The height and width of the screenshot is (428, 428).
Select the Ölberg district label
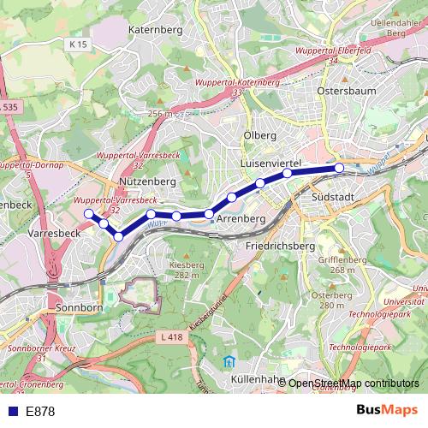click(x=259, y=135)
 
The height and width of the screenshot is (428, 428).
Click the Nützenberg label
click(x=148, y=182)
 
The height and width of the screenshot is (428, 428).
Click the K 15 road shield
click(x=79, y=44)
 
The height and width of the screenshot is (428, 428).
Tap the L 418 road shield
click(x=172, y=338)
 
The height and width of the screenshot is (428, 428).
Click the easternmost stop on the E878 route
click(x=339, y=168)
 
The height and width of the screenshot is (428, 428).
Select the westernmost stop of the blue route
click(x=88, y=213)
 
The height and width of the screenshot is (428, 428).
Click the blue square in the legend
click(x=11, y=412)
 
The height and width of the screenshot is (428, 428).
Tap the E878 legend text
click(x=40, y=412)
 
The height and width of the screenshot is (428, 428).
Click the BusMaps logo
click(x=385, y=411)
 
